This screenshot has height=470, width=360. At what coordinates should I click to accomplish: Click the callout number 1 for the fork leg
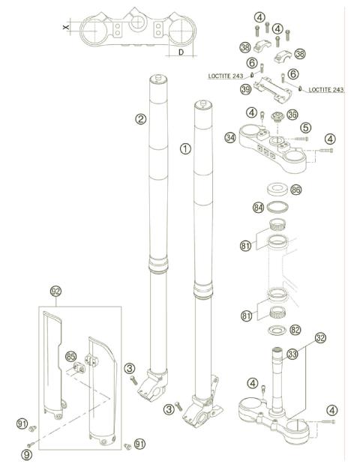(x=184, y=148)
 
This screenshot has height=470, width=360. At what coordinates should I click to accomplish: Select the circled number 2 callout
(x=139, y=118)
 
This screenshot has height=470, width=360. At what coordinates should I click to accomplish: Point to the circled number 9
(x=28, y=454)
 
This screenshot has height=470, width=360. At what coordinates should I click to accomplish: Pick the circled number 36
(x=292, y=114)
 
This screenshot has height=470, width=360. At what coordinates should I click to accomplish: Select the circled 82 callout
(x=295, y=330)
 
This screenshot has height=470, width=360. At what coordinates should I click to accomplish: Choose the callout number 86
(x=295, y=190)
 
